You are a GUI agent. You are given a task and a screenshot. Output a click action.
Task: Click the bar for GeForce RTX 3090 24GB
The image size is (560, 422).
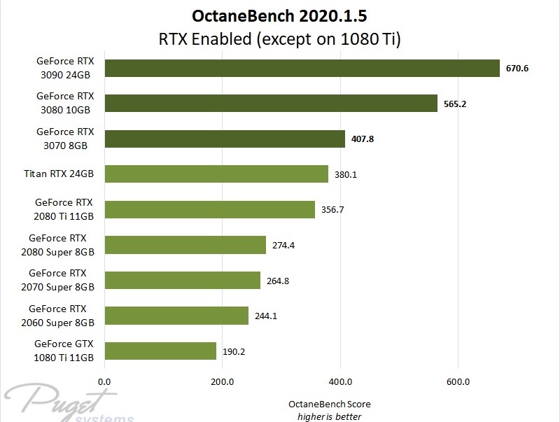(302, 67)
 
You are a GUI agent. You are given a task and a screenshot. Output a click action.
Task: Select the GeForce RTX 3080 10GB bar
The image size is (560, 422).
(271, 103)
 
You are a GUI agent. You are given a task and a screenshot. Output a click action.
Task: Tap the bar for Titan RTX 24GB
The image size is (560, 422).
(216, 174)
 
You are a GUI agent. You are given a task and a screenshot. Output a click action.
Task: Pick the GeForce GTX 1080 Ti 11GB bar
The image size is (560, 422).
(160, 351)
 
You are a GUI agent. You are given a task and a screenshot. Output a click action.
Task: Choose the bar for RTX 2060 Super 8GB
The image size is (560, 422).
(176, 316)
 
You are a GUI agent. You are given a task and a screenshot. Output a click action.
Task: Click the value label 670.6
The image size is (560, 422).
(517, 68)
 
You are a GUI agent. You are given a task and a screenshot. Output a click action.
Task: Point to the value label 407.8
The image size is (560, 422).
(361, 139)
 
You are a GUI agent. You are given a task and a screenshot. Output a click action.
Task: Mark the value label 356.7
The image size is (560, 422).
(332, 210)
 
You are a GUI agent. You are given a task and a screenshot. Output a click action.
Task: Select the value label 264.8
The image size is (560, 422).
(278, 281)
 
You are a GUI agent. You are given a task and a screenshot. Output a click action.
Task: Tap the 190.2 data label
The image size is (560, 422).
(234, 351)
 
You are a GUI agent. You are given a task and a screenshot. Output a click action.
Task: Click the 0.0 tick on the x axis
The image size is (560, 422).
(104, 382)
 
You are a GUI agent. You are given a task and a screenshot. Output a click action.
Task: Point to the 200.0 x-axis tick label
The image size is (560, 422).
(222, 382)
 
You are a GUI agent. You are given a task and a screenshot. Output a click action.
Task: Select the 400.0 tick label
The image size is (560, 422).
(340, 382)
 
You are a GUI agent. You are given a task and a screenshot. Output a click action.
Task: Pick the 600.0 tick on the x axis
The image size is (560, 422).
(458, 382)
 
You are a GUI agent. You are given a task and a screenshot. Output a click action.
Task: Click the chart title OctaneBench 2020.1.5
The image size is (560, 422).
(280, 15)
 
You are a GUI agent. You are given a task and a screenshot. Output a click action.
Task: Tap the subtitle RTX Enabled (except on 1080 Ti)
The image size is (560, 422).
(280, 38)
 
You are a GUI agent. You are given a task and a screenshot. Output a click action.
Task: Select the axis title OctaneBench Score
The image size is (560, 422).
(329, 405)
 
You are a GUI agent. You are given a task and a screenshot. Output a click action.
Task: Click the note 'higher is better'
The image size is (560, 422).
(329, 416)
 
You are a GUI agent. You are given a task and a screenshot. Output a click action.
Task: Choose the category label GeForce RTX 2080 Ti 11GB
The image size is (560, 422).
(64, 209)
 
